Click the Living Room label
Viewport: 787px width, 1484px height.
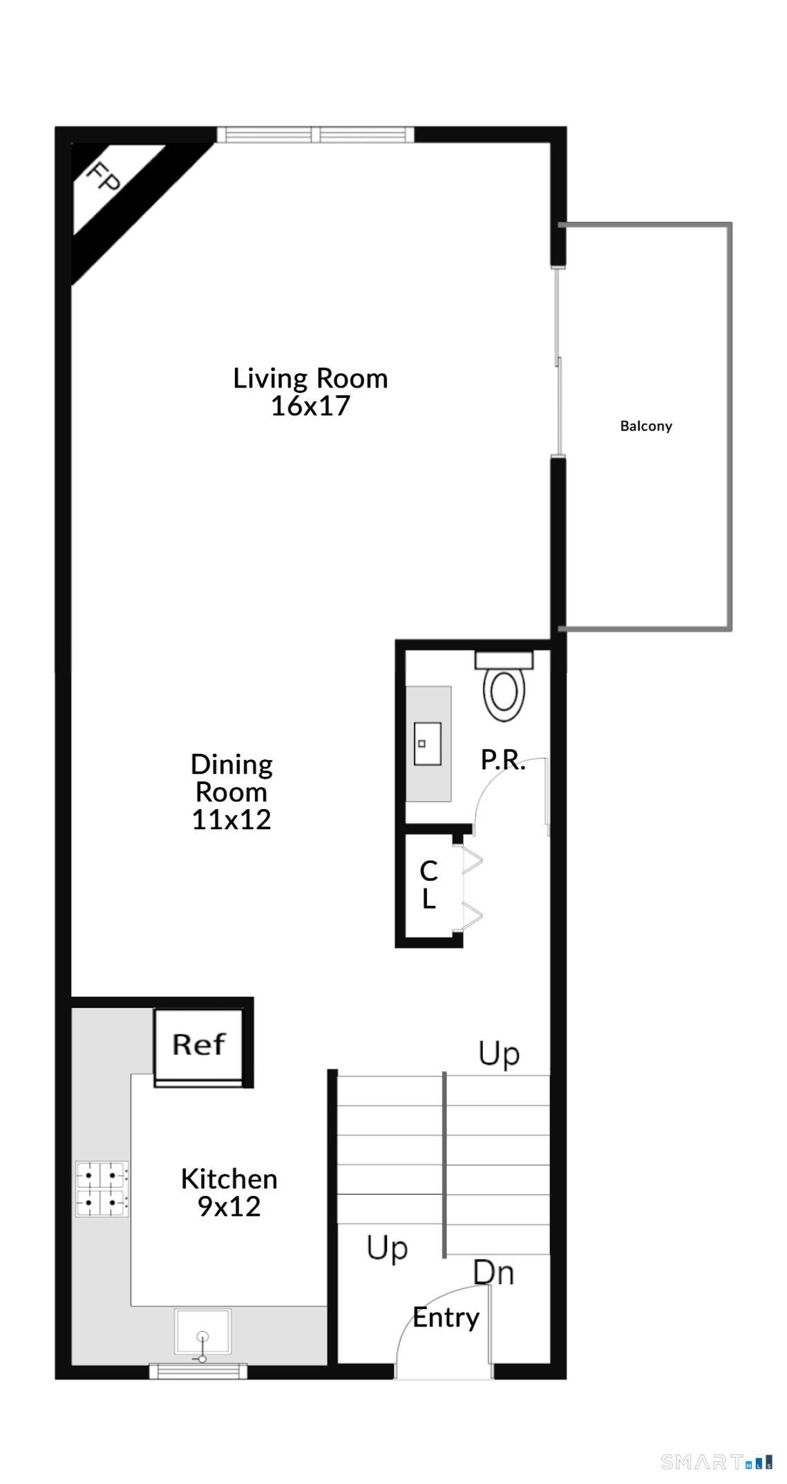coord(310,379)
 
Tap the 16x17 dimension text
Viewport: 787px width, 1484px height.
coord(310,406)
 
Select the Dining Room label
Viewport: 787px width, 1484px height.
coord(231,779)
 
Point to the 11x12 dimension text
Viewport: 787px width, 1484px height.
coord(231,819)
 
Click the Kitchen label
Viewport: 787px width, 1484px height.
coord(229,1179)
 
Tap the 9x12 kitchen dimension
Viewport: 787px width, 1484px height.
coord(229,1206)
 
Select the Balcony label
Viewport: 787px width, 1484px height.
coord(646,426)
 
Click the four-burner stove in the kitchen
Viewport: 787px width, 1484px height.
coord(102,1189)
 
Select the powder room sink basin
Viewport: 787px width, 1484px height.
coord(428,743)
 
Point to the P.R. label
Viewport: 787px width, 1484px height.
coord(503,760)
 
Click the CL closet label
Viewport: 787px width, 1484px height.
coord(429,885)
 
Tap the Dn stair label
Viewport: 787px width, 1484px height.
coord(493,1273)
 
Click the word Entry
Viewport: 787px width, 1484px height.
coord(446,1317)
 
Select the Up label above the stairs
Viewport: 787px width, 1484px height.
coord(499,1054)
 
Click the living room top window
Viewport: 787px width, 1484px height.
coord(316,134)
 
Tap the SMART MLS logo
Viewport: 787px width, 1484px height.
coord(717,1462)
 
